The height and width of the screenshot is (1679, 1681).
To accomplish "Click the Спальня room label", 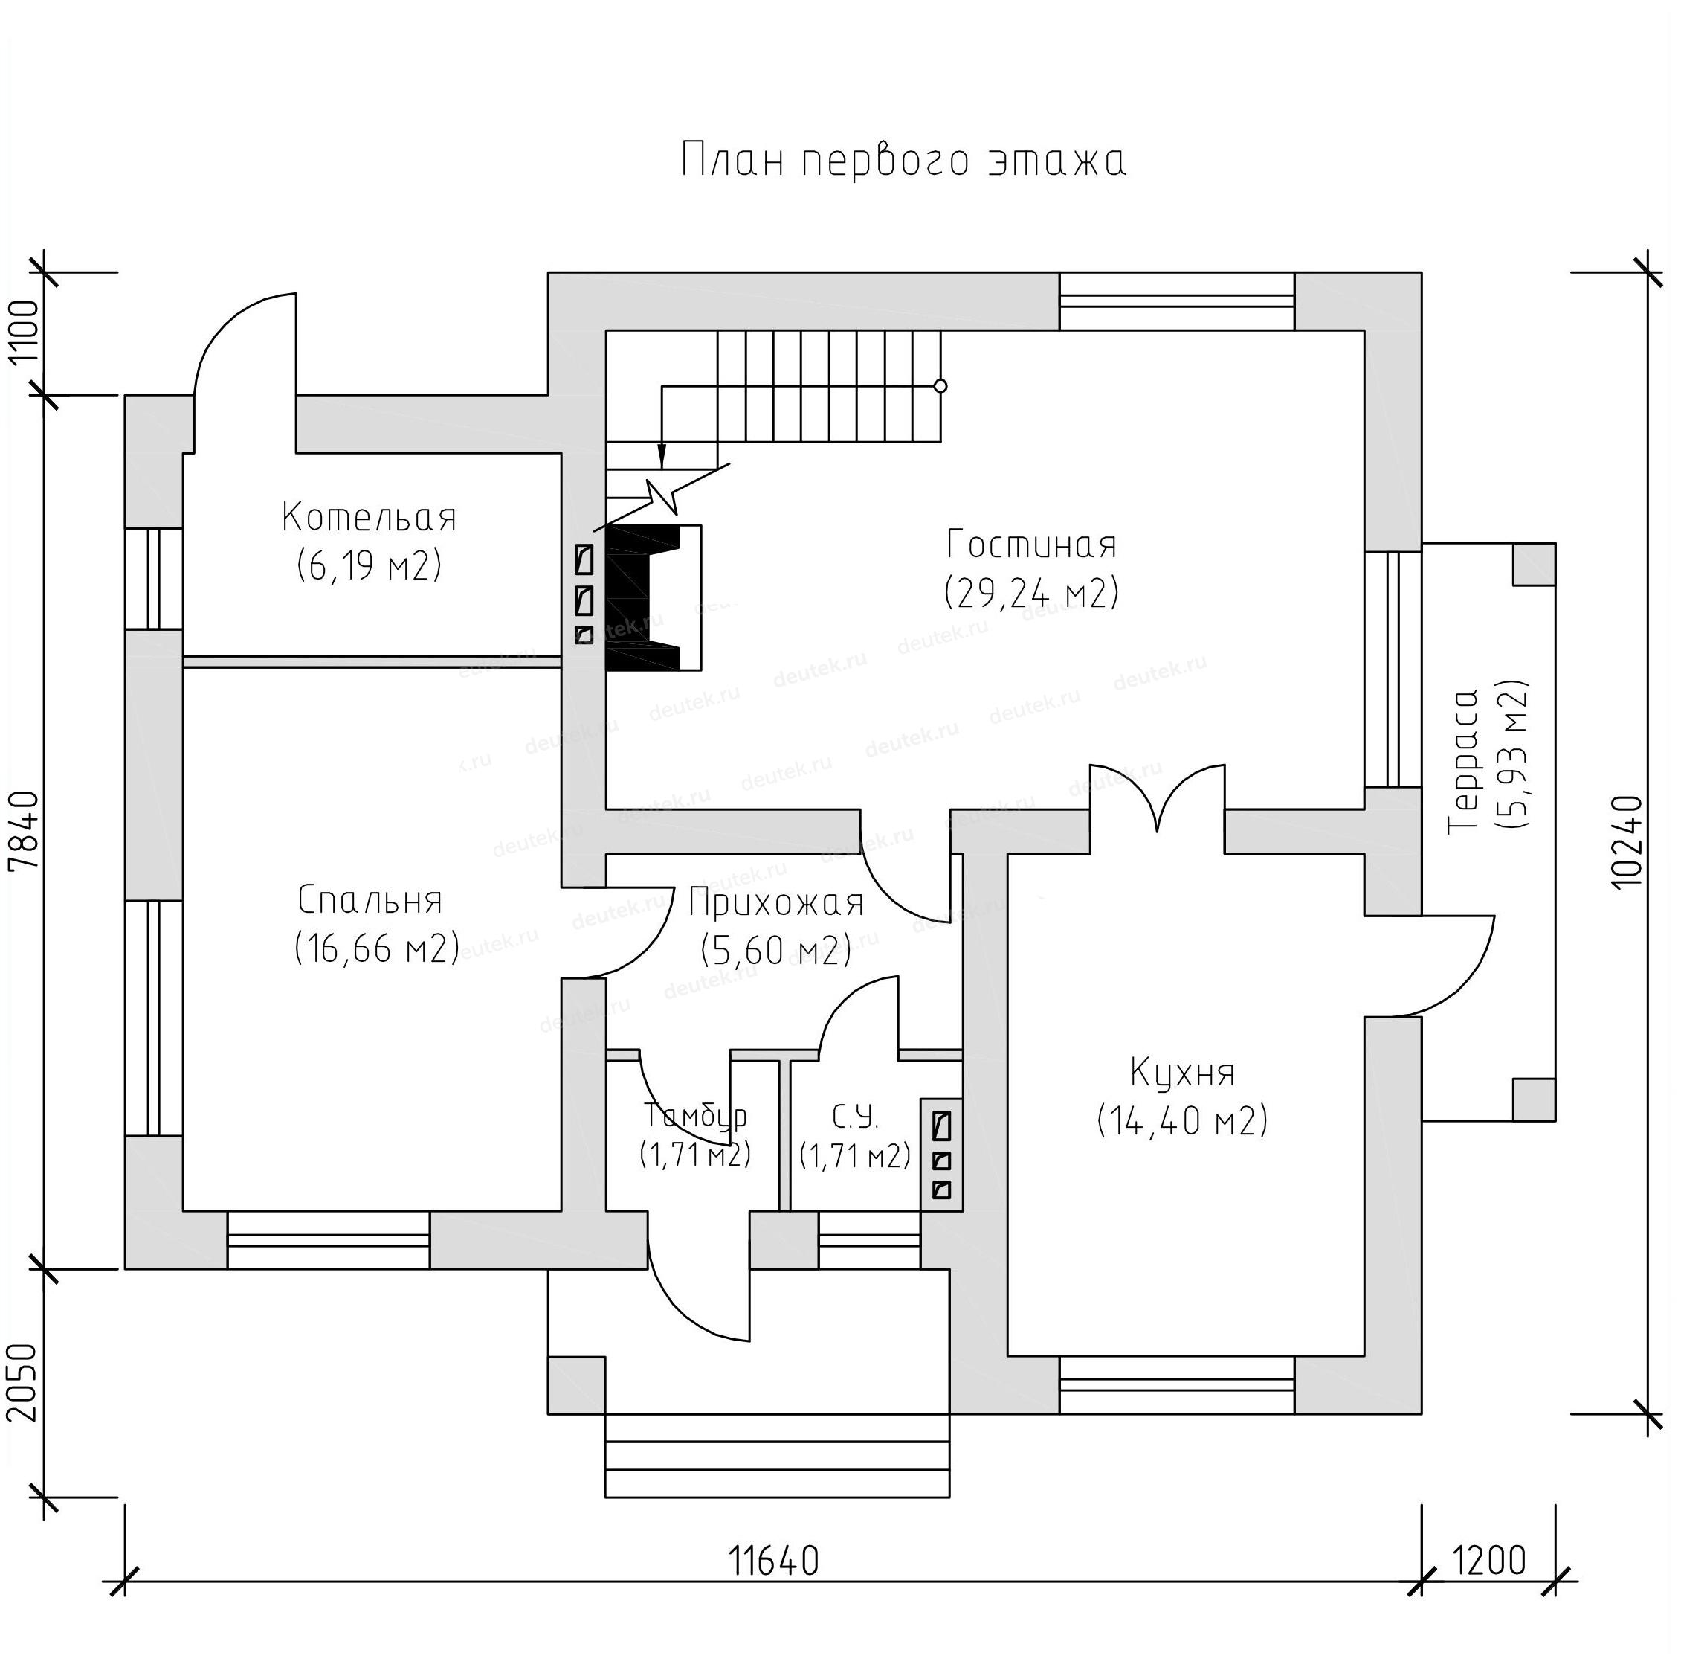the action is pyautogui.click(x=372, y=901).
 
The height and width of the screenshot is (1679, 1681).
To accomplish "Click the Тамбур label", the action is pyautogui.click(x=696, y=1115).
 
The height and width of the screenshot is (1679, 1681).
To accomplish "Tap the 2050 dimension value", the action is pyautogui.click(x=25, y=1383).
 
